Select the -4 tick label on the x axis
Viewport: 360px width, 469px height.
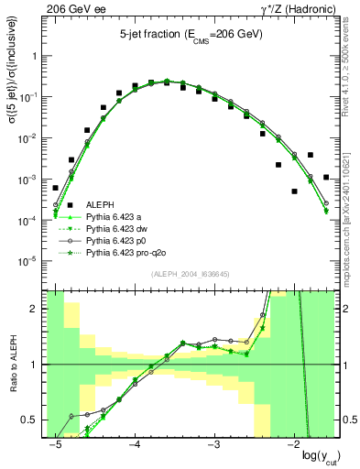(x=134, y=443)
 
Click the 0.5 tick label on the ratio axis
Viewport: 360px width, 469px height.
(x=32, y=420)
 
